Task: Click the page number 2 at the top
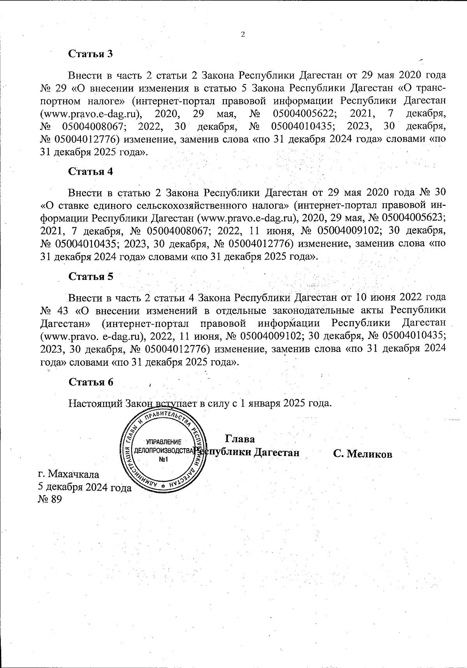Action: [x=243, y=35]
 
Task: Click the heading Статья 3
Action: [x=91, y=54]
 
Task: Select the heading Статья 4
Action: [x=91, y=171]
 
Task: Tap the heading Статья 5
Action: [x=91, y=276]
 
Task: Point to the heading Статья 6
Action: [x=91, y=382]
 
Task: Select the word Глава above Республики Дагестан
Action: [x=240, y=439]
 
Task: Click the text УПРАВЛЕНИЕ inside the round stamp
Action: [x=163, y=442]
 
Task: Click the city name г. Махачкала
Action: [x=68, y=474]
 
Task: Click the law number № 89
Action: [x=50, y=499]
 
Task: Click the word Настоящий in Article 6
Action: [x=95, y=403]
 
